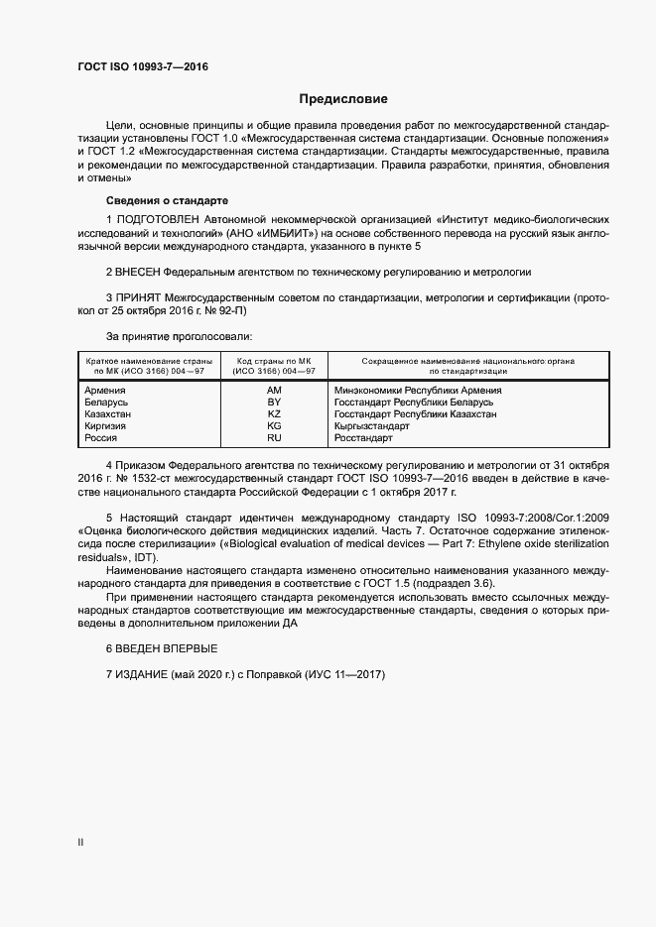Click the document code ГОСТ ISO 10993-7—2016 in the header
coord(143,67)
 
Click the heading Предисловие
coord(343,99)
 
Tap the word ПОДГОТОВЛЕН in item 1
coord(157,218)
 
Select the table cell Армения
coord(106,391)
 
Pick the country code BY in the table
coord(275,403)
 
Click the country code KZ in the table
coord(275,414)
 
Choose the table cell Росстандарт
coord(364,437)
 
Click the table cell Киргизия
coord(106,425)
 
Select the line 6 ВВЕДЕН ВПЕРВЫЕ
coord(161,648)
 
